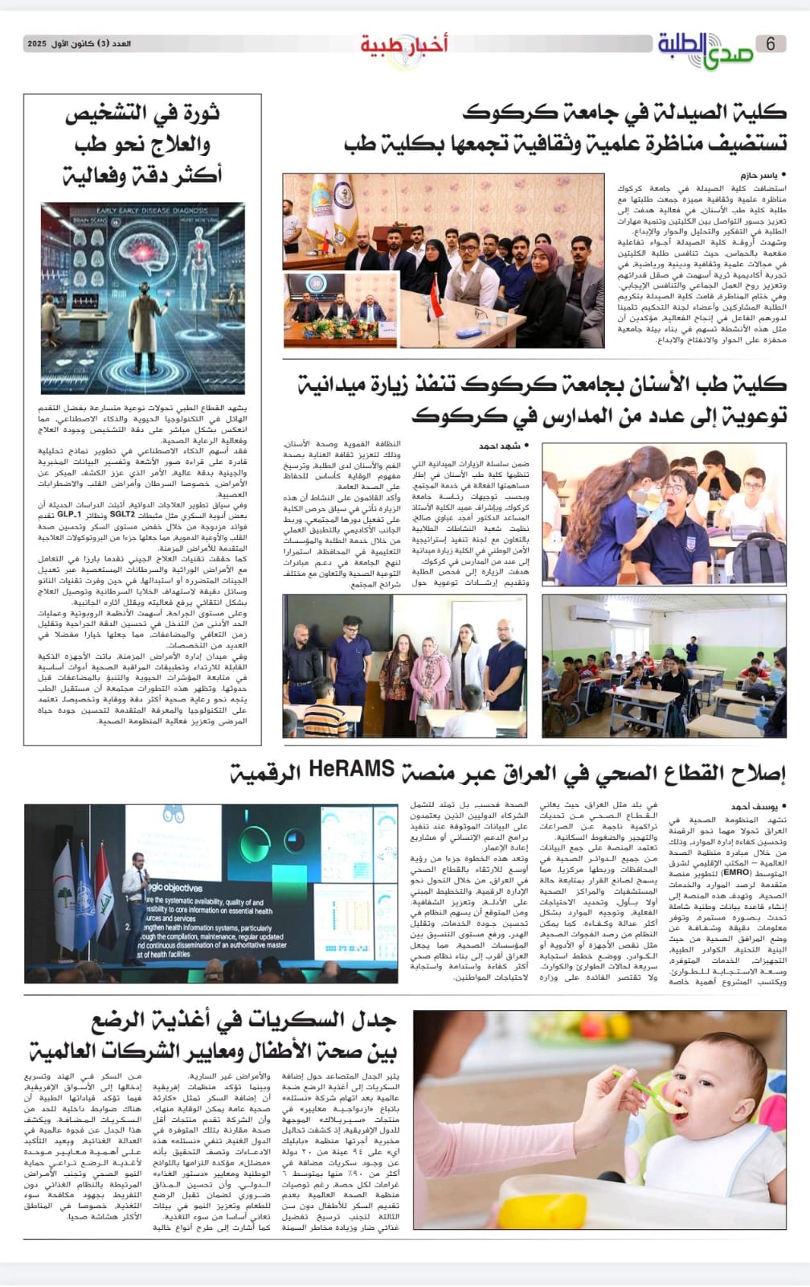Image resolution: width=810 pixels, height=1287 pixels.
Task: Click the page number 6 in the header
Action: (771, 43)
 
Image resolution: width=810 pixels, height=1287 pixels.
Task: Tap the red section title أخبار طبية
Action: (404, 44)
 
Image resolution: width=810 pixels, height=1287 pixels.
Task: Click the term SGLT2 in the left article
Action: (123, 514)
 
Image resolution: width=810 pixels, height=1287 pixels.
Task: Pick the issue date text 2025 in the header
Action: (37, 44)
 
